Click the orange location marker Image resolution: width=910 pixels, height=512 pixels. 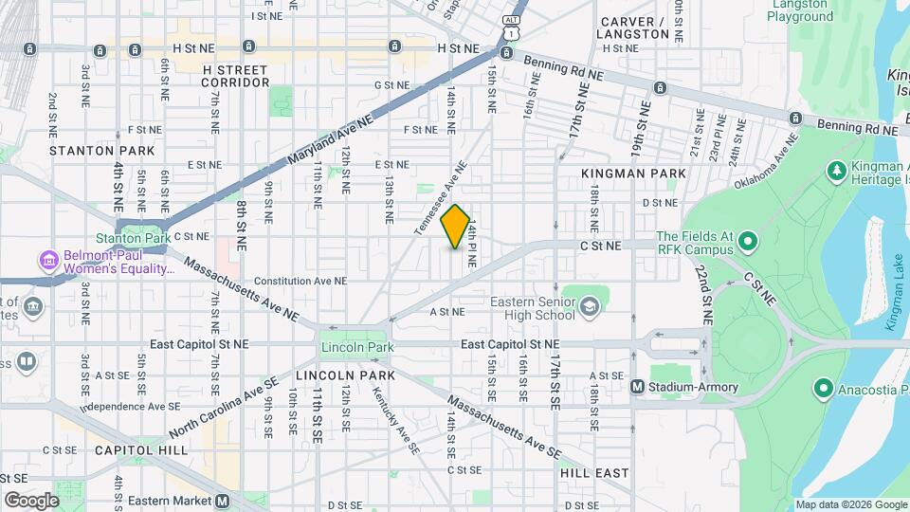[x=456, y=228]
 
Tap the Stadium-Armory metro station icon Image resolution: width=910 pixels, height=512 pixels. [x=638, y=386]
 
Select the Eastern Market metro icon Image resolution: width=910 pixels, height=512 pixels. [x=222, y=501]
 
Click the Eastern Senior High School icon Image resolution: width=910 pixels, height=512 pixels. [x=589, y=305]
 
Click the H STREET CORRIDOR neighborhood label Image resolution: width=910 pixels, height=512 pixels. [x=236, y=76]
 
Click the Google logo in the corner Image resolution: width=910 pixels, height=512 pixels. [x=31, y=500]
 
